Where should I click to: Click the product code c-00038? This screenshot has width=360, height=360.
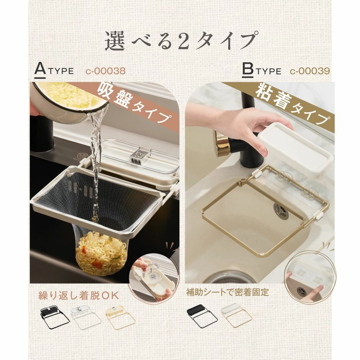(105, 71)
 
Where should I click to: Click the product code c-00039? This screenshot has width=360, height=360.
(310, 71)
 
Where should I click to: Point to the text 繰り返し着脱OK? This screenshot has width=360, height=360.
(79, 295)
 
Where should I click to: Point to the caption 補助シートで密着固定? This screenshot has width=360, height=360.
(227, 292)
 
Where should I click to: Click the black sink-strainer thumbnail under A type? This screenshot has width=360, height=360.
(55, 317)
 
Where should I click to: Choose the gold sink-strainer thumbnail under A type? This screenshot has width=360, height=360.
(120, 318)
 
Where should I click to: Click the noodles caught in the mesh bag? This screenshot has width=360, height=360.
(101, 254)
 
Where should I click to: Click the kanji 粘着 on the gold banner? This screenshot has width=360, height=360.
(274, 96)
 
